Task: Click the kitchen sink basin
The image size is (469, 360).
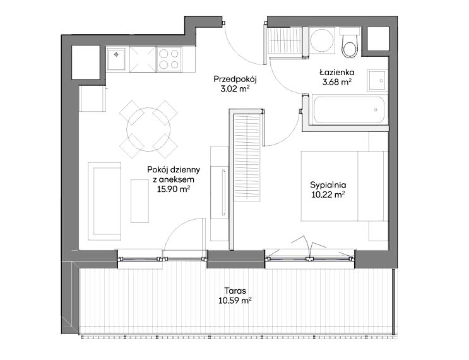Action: tap(116, 59)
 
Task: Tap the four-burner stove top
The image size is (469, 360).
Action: tap(169, 59)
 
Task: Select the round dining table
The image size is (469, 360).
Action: tap(148, 129)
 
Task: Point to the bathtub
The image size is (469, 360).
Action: tap(348, 110)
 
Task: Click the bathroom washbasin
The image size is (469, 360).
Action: tap(377, 80)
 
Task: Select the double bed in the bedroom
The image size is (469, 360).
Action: tap(345, 186)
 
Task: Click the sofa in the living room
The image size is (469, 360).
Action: tap(105, 201)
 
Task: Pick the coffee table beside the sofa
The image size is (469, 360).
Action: tap(140, 201)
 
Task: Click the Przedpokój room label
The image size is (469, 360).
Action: tap(235, 80)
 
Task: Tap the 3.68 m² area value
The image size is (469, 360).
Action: tap(336, 82)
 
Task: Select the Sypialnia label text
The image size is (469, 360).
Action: tap(328, 185)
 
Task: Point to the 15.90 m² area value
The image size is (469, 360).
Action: tap(174, 189)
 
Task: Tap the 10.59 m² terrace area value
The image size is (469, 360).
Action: tap(235, 301)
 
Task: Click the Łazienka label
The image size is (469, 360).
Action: tap(337, 72)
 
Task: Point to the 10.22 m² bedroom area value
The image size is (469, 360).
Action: tap(328, 195)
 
